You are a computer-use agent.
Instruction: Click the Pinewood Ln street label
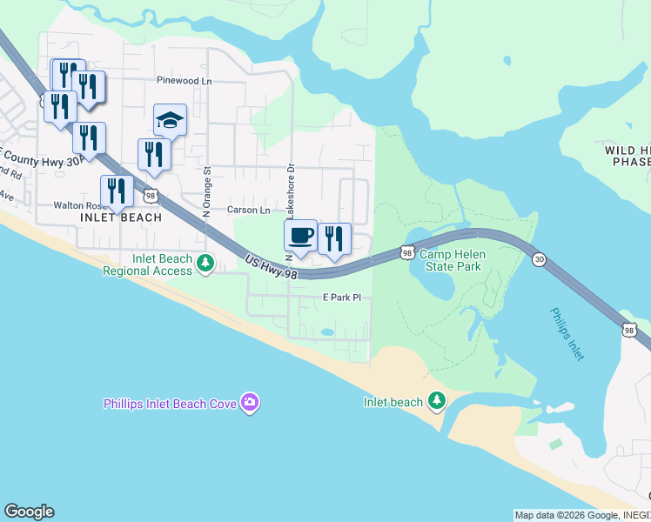[185, 81]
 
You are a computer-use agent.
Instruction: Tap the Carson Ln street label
[249, 210]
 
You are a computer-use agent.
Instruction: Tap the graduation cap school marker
[171, 121]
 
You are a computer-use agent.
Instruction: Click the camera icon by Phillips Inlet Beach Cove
[251, 401]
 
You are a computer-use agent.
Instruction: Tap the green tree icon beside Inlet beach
[437, 400]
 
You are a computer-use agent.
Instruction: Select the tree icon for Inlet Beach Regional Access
[205, 262]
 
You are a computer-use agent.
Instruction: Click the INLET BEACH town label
[121, 217]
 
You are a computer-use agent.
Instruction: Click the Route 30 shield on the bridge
[540, 259]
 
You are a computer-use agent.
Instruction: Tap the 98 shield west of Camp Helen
[407, 252]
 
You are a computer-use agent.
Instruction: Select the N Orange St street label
[207, 192]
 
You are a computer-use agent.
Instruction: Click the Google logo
[29, 512]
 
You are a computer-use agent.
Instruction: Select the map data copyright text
[581, 515]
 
